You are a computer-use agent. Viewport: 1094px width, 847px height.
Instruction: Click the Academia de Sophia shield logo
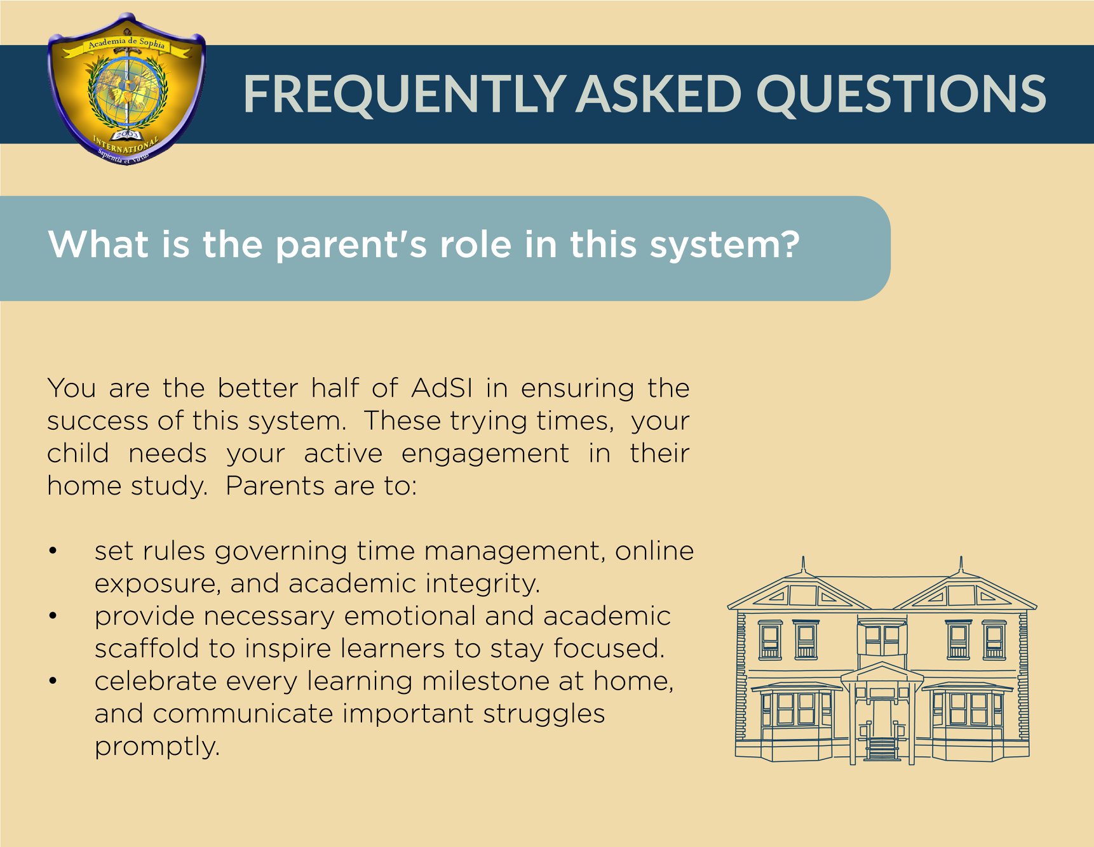tap(126, 89)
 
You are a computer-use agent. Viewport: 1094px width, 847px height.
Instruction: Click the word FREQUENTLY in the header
tap(404, 94)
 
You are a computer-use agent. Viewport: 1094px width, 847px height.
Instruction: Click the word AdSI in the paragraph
tap(442, 387)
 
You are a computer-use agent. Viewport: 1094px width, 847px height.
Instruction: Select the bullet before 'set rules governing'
tap(53, 551)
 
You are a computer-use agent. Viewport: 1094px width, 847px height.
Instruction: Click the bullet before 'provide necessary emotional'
tap(53, 616)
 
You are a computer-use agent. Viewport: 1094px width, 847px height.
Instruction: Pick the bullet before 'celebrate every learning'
tap(53, 681)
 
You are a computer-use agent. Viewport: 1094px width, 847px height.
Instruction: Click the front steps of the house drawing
tap(881, 749)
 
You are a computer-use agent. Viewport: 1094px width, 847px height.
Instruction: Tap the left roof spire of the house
tap(804, 565)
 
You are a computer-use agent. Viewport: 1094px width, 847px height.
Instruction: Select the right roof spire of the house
tap(961, 564)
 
